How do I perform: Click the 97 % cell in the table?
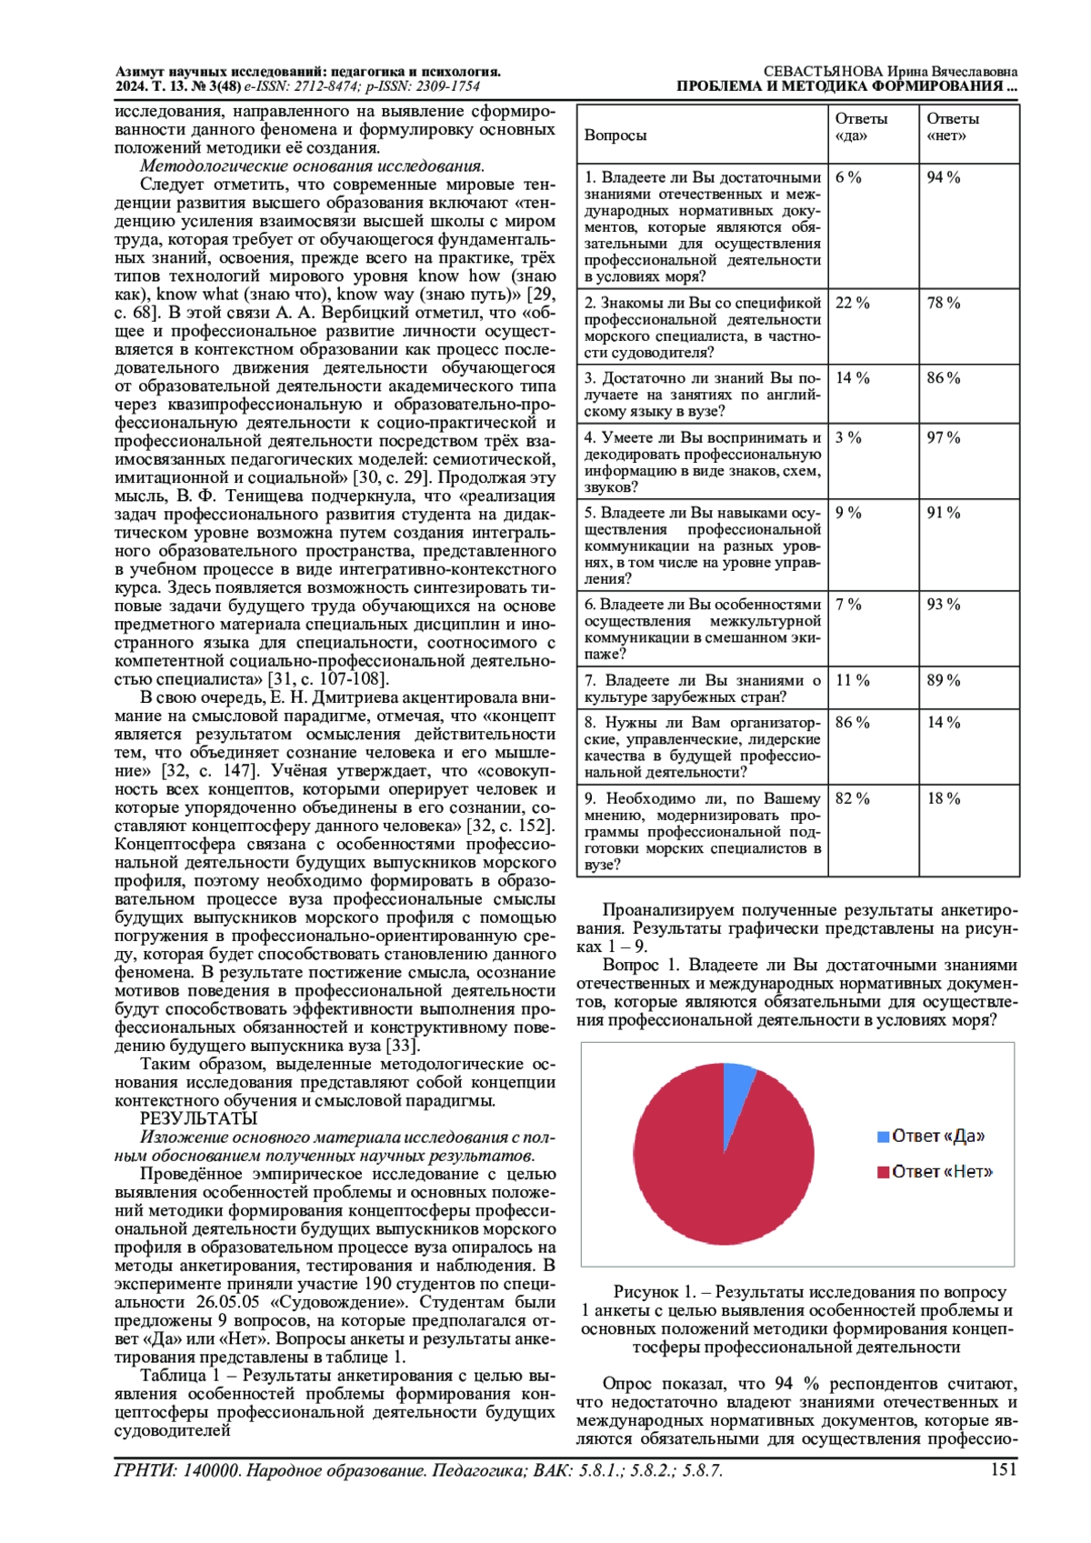944,438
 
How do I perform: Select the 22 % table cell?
852,304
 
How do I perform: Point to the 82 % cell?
852,799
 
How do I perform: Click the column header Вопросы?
616,135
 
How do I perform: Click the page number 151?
1003,1470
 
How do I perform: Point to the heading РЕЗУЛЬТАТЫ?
198,1119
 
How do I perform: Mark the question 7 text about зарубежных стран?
702,689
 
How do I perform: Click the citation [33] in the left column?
402,1046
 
